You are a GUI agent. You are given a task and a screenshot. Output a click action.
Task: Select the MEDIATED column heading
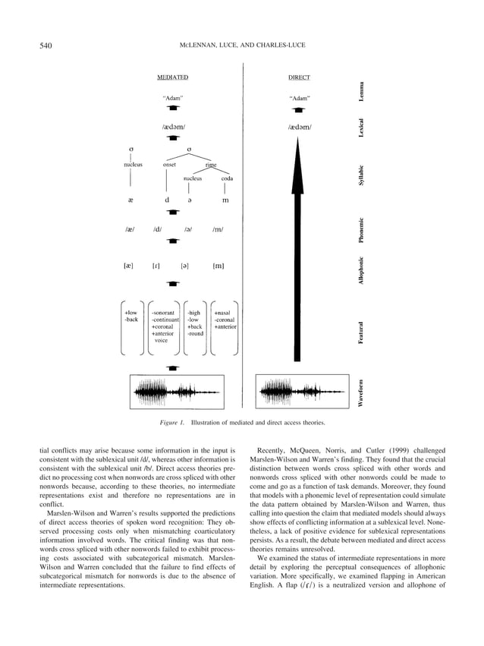173,77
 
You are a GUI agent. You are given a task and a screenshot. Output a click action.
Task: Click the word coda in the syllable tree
226,179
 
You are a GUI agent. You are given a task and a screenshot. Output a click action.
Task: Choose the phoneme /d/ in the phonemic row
157,229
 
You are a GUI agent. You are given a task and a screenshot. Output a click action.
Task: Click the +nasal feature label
223,312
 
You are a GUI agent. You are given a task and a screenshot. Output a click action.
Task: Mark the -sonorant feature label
163,312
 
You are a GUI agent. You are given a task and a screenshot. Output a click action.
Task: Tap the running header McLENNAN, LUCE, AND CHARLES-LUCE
242,46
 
